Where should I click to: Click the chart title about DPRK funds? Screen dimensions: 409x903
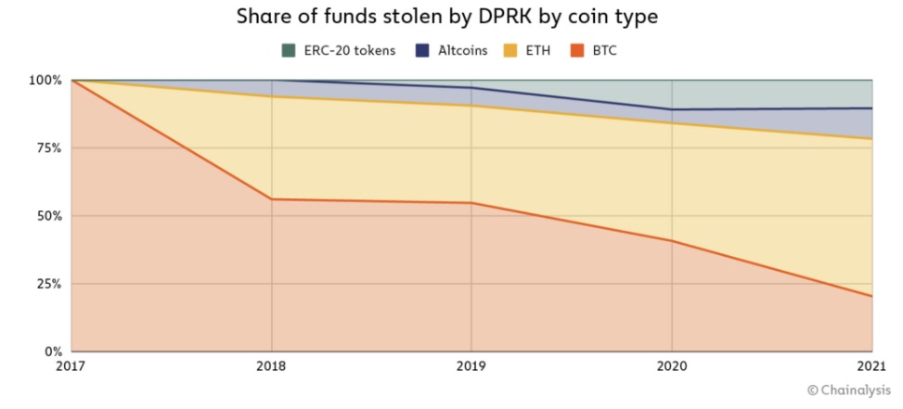point(451,18)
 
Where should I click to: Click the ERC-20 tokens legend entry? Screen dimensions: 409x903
point(340,50)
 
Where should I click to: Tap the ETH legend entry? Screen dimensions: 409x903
point(530,50)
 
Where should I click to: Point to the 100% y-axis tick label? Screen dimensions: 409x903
point(44,81)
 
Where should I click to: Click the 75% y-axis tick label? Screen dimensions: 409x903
point(47,148)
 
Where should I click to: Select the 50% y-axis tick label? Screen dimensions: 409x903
point(47,216)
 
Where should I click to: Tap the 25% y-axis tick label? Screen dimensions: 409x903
point(47,284)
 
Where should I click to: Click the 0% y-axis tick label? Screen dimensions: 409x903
point(52,351)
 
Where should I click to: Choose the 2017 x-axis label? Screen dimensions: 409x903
point(71,366)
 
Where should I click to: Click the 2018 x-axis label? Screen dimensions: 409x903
point(271,366)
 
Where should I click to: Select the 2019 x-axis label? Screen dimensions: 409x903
point(471,366)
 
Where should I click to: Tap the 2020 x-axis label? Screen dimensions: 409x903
point(672,366)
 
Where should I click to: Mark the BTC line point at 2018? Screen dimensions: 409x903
point(271,199)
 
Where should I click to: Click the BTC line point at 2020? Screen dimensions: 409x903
point(672,241)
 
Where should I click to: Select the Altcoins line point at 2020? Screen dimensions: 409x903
point(672,109)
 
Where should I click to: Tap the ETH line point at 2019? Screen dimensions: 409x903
point(471,106)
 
